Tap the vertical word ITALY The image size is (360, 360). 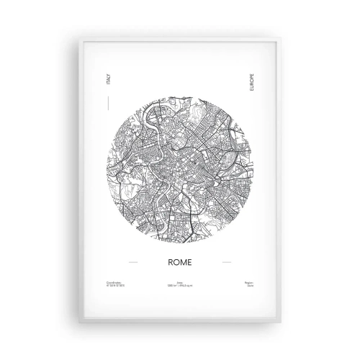point(109,81)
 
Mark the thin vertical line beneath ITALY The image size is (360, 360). point(109,104)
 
